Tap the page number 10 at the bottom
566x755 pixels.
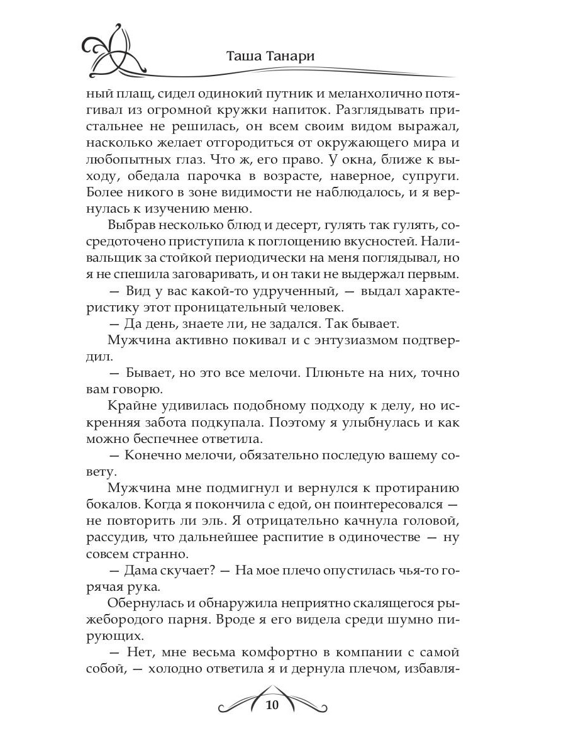[272, 704]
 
